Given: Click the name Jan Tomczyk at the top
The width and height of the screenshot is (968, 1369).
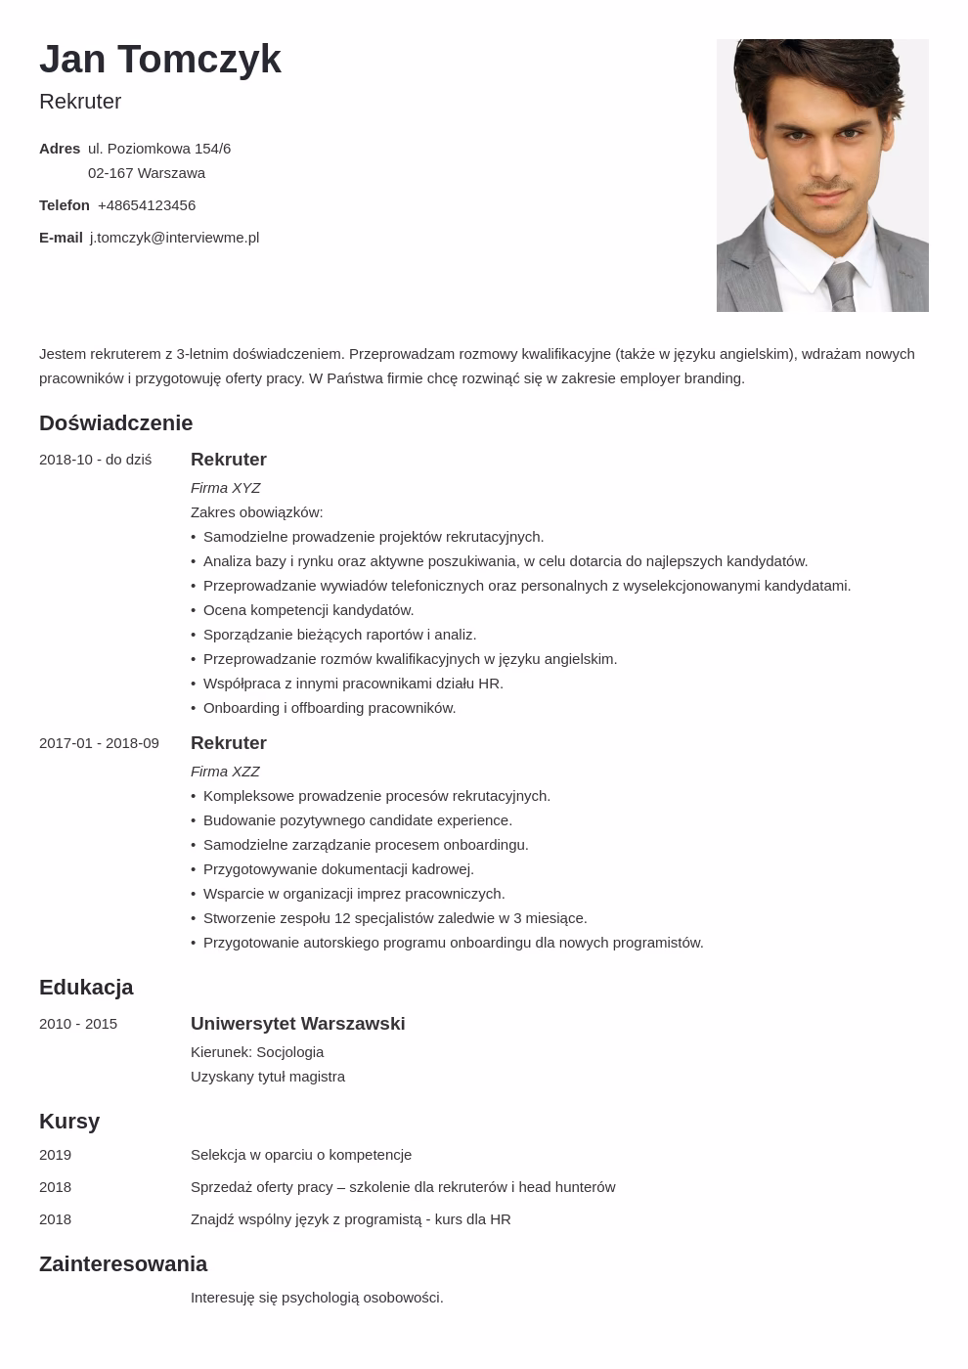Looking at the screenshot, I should (x=160, y=60).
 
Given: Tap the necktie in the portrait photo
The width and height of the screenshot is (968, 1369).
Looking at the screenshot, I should (x=839, y=287).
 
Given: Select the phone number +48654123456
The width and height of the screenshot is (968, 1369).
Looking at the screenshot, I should (x=147, y=205).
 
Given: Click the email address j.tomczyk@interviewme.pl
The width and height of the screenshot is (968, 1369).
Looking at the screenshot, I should (x=174, y=238).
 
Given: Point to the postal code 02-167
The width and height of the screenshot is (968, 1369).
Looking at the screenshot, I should (x=110, y=173).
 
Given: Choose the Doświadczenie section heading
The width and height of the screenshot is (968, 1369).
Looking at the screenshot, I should (x=115, y=423).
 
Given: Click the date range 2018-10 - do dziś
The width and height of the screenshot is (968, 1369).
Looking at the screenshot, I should (x=95, y=460).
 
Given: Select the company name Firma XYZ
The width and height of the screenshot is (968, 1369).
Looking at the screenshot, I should (x=225, y=488).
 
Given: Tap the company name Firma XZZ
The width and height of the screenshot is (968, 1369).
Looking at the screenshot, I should (x=225, y=772).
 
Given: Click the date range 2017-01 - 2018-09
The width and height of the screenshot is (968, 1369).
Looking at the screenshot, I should (x=99, y=743).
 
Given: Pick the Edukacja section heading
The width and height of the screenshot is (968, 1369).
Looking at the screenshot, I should (x=86, y=988).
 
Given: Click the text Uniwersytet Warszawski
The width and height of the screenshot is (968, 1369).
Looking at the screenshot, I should (x=297, y=1024).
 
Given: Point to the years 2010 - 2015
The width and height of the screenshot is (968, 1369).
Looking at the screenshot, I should (x=78, y=1024).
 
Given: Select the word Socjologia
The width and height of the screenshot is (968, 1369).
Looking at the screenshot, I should (x=289, y=1052).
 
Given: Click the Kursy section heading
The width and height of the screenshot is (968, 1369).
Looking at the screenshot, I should (x=69, y=1122).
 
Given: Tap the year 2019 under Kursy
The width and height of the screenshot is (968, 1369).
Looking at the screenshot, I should (x=55, y=1155).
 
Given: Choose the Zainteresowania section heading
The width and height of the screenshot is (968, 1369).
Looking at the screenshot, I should (x=123, y=1264).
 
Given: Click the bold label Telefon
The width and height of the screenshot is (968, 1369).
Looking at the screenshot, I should (x=65, y=205).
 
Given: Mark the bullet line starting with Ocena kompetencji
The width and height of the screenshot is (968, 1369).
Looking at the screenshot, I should (x=308, y=610).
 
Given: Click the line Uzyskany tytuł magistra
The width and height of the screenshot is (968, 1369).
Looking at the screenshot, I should (x=268, y=1077).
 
